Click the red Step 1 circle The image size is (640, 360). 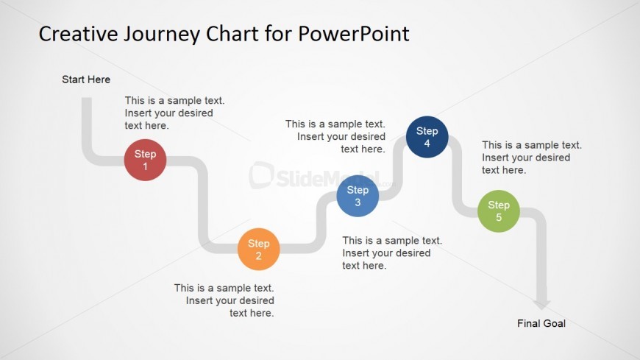tap(145, 160)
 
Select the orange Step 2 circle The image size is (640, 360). tap(258, 250)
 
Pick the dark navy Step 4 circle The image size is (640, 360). tap(427, 137)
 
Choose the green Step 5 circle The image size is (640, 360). tap(498, 211)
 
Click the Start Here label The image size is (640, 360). tap(86, 80)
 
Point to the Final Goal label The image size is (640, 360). tap(541, 323)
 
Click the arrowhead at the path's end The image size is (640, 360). tap(542, 303)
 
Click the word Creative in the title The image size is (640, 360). tap(77, 34)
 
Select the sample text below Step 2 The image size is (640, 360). tap(224, 300)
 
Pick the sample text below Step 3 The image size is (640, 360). tap(391, 253)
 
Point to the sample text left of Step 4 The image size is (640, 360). tap(335, 136)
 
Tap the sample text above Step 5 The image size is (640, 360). tap(531, 158)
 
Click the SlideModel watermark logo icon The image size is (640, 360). tap(261, 175)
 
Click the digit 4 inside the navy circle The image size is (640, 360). tap(427, 144)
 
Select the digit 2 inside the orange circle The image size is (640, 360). tap(258, 256)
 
